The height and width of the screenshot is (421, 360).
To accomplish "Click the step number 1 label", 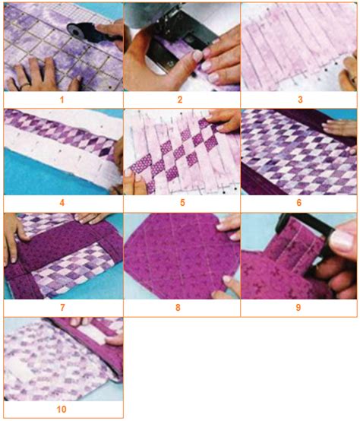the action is click(x=62, y=100).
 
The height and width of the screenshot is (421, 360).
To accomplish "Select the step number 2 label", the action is click(x=180, y=100).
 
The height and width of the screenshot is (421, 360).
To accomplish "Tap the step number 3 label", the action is click(x=300, y=100).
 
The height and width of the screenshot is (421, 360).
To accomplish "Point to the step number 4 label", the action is click(x=62, y=203).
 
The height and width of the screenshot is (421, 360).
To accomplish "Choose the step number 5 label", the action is click(x=182, y=203).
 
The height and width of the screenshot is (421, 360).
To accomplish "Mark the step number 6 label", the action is click(x=298, y=203).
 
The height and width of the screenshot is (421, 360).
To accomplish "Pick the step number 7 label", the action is click(x=62, y=308).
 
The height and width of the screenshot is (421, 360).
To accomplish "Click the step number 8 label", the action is click(x=178, y=308).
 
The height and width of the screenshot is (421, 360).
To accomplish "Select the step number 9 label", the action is click(x=298, y=308).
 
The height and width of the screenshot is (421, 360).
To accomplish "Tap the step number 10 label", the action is click(x=62, y=409).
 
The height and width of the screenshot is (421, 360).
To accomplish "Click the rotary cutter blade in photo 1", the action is click(x=76, y=31).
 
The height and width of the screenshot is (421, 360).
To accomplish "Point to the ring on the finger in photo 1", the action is click(x=25, y=86).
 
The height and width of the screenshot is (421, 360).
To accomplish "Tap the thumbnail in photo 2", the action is click(x=197, y=55).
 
